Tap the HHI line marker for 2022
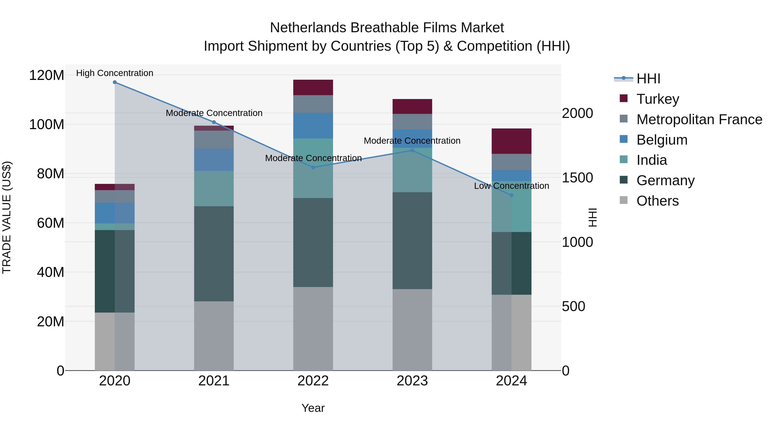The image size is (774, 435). click(313, 168)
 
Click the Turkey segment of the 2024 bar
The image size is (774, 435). click(511, 141)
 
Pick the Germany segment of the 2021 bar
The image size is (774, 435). click(214, 254)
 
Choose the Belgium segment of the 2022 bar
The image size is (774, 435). click(313, 125)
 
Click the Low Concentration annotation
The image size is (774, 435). click(511, 186)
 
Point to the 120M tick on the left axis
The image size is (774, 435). click(47, 75)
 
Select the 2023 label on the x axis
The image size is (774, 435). click(412, 381)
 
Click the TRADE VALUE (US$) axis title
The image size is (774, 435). click(7, 217)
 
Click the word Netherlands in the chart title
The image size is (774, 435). click(308, 28)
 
